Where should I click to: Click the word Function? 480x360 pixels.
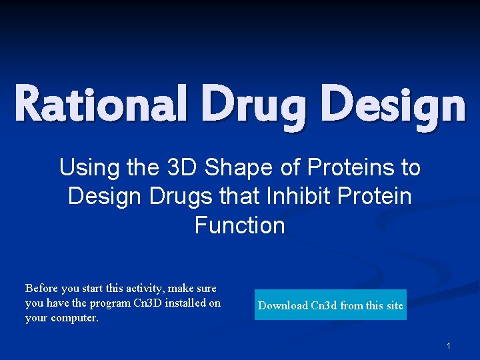240,225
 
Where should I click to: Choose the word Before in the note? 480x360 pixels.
41,289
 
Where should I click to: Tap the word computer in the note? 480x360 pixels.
73,318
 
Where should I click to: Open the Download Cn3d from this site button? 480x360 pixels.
330,305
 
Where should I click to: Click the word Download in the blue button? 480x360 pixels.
283,305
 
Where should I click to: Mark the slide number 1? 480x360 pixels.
449,346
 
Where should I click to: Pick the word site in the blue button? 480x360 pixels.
395,305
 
